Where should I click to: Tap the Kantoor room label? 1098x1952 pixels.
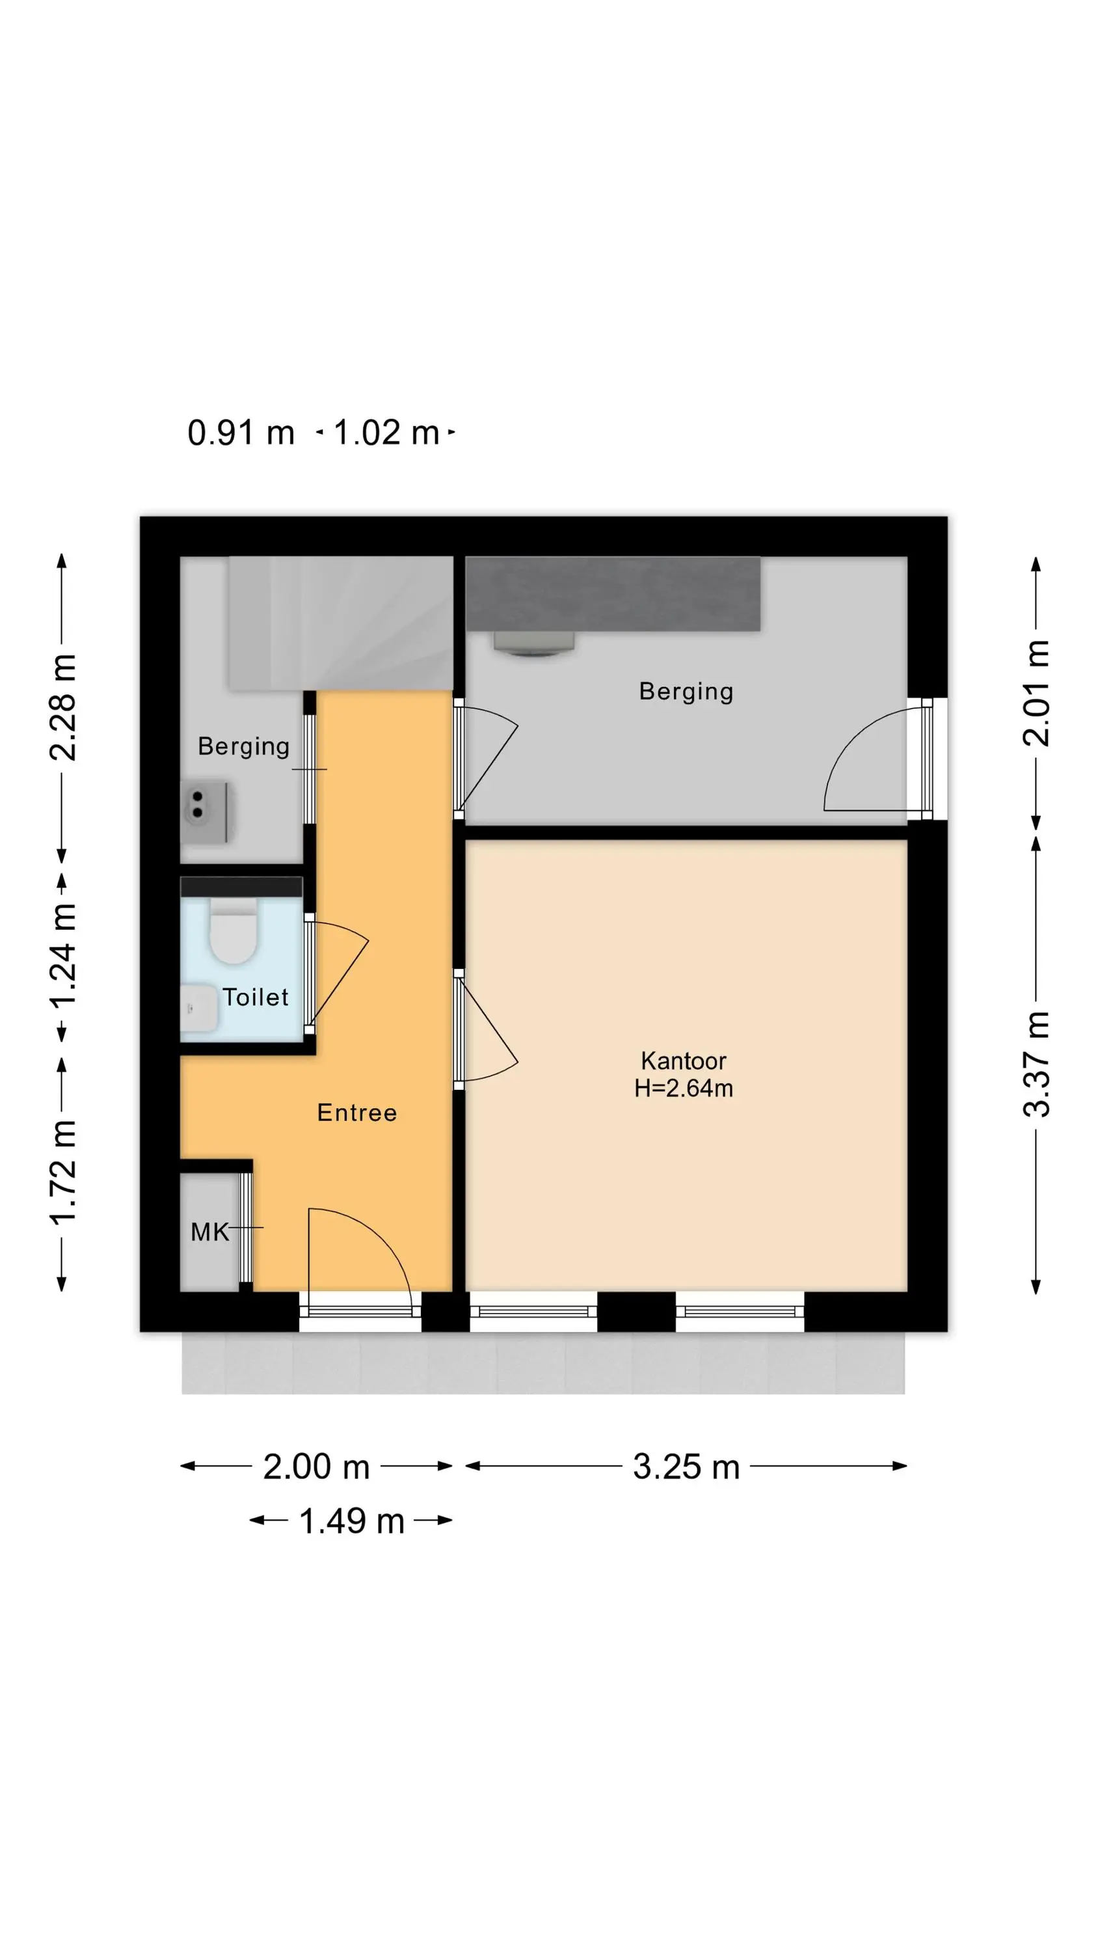coord(683,1060)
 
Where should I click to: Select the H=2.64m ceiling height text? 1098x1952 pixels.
coord(683,1088)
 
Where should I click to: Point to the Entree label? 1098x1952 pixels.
coord(357,1113)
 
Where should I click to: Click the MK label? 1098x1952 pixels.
coord(209,1232)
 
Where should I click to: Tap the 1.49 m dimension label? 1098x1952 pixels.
coord(352,1521)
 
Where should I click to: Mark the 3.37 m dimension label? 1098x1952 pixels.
coord(1038,1064)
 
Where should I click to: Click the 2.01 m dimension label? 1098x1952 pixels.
coord(1038,692)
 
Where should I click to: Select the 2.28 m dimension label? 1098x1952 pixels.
coord(63,707)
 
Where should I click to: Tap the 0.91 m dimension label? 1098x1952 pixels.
coord(241,433)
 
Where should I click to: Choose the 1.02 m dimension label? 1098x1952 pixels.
coord(386,433)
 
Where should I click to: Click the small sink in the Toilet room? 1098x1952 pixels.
coord(198,1008)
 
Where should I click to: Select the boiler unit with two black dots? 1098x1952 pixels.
coord(205,811)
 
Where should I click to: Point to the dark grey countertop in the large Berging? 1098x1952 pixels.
coord(612,593)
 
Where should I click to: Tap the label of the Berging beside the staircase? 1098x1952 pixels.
coord(243,747)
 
